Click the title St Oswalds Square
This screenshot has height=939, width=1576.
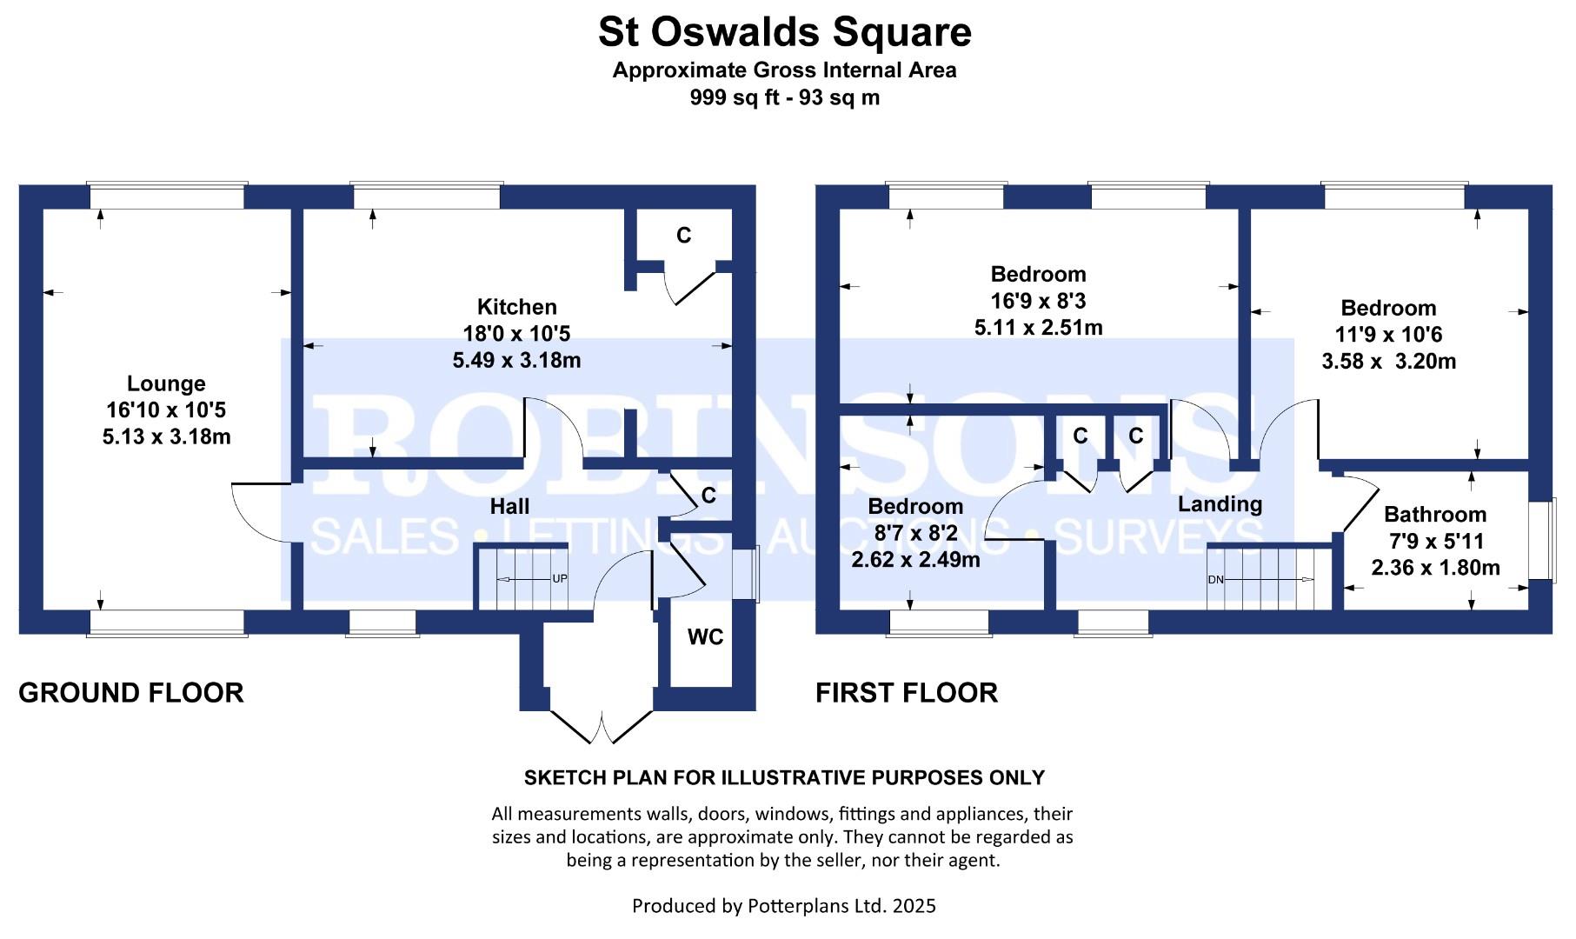(784, 32)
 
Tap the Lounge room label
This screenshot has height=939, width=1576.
(166, 383)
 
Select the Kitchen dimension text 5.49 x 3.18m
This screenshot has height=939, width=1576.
(516, 360)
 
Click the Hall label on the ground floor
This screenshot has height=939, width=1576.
(509, 506)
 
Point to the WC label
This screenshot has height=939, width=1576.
(705, 637)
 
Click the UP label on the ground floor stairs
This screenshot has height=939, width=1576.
(560, 579)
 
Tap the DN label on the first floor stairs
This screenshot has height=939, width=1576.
(1215, 580)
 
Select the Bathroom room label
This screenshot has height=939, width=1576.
(1435, 515)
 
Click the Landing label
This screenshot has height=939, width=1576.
(1220, 504)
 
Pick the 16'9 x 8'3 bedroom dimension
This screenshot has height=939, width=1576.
(1038, 301)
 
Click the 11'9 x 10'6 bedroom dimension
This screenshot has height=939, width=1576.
(1388, 335)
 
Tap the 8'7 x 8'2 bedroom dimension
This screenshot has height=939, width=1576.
(915, 533)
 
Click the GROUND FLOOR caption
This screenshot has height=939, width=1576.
(131, 693)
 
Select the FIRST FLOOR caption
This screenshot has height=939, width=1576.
(907, 693)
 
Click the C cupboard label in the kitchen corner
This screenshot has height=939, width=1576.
(684, 236)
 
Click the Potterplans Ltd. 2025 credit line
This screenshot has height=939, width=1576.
(784, 906)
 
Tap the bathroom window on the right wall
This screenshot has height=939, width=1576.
(1544, 540)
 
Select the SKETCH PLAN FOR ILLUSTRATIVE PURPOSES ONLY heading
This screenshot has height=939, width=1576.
(784, 777)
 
